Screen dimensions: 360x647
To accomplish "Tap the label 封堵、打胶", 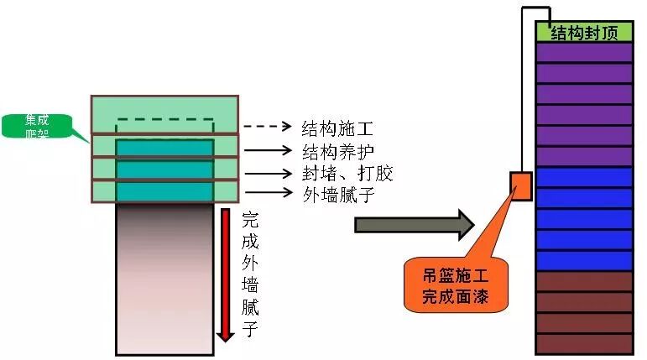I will point(347,174).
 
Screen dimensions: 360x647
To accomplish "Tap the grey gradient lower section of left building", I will point(164,277).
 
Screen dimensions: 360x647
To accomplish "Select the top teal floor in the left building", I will point(164,149).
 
